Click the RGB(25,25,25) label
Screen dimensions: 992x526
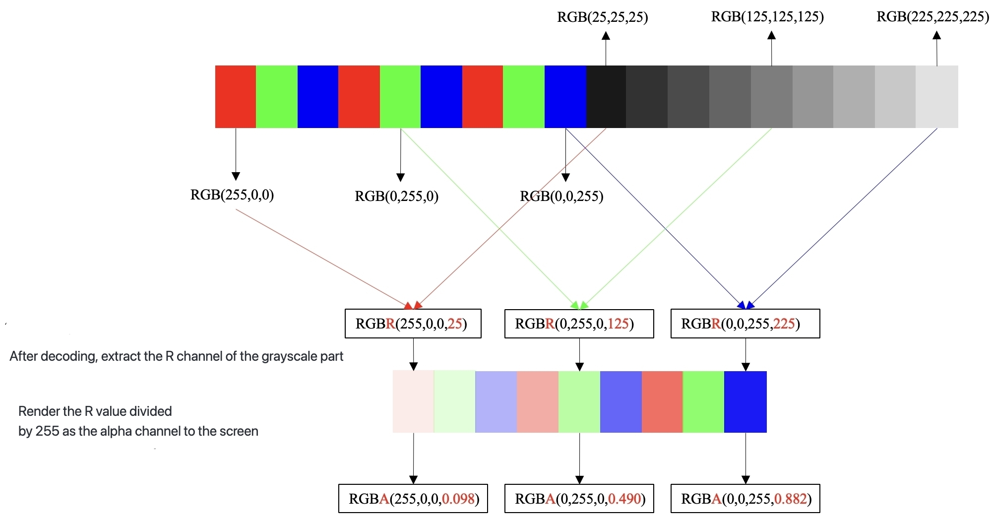pos(603,17)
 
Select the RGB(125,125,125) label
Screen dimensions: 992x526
pos(767,17)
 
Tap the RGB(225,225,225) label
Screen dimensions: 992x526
pos(933,17)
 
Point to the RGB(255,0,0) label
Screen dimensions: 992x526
pos(232,195)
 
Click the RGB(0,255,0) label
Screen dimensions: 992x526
pos(397,197)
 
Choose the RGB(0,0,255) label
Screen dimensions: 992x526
pos(561,197)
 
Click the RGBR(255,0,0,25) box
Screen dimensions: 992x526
pos(413,324)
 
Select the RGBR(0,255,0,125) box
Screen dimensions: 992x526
pos(579,324)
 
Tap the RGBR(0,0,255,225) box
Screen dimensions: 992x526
pos(745,324)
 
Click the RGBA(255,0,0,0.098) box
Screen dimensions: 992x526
pos(413,499)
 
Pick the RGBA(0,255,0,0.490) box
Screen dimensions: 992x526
pos(579,499)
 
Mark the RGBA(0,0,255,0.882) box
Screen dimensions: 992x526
pos(745,499)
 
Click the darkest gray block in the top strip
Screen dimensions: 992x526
pos(606,97)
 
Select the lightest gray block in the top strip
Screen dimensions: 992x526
pos(937,97)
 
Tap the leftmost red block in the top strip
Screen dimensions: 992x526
pos(236,97)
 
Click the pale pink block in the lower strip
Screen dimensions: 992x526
pos(413,402)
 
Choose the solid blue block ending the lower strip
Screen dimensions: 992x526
pos(745,402)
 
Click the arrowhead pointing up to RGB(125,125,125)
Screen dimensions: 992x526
pos(771,35)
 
